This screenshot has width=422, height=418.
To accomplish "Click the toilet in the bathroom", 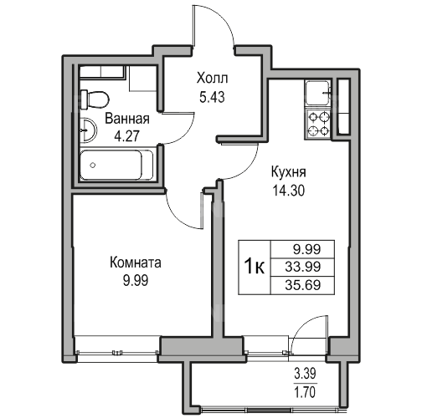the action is [x=95, y=99].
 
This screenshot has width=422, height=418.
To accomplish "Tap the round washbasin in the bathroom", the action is [x=88, y=130].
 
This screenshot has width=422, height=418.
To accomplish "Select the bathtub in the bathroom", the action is [x=116, y=165].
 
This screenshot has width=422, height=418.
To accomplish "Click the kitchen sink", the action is [x=318, y=93].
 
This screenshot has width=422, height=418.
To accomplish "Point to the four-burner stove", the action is [x=318, y=124].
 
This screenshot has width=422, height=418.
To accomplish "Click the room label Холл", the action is [x=212, y=79].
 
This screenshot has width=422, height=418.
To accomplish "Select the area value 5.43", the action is [x=212, y=97].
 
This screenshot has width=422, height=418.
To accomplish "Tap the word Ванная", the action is [x=127, y=119].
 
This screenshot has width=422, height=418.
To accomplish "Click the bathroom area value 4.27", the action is [x=127, y=136].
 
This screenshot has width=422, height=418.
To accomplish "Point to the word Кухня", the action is [x=289, y=172].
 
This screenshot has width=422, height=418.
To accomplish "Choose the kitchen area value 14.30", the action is [x=289, y=191].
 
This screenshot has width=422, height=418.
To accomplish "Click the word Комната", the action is [x=136, y=263].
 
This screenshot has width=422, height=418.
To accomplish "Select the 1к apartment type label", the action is [x=255, y=266].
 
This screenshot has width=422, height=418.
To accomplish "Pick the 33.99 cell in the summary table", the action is [x=303, y=267].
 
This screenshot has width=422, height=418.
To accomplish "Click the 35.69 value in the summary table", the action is [x=303, y=285].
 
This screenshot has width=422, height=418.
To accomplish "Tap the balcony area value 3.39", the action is [x=306, y=373].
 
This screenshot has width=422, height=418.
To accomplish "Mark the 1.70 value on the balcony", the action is [x=306, y=392].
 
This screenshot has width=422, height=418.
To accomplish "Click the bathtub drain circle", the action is [x=93, y=166].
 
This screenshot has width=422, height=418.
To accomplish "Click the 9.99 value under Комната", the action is [x=136, y=281].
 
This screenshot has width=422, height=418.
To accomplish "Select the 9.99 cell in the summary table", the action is [x=306, y=249].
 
